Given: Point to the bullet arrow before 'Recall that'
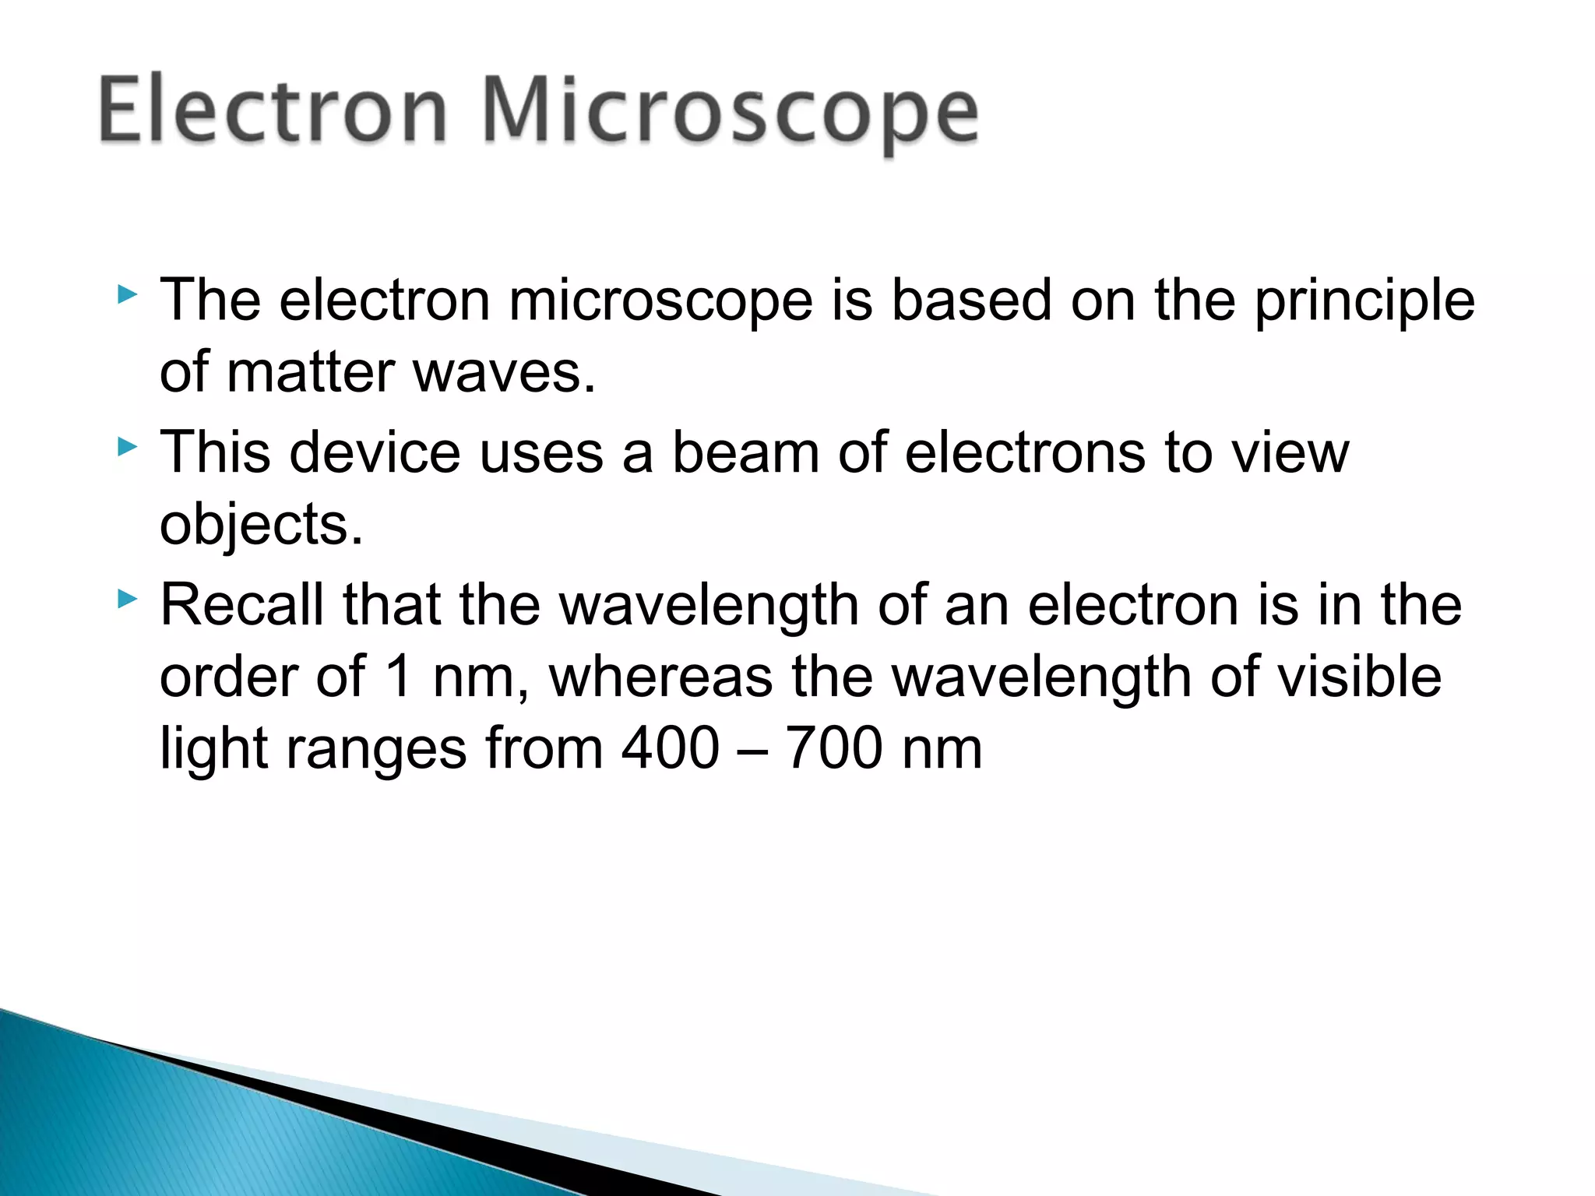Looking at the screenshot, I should click(x=127, y=599).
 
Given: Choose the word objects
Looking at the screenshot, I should click(x=261, y=526).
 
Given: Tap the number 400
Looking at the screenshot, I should click(x=671, y=748).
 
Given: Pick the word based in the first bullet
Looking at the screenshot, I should click(x=971, y=301).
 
